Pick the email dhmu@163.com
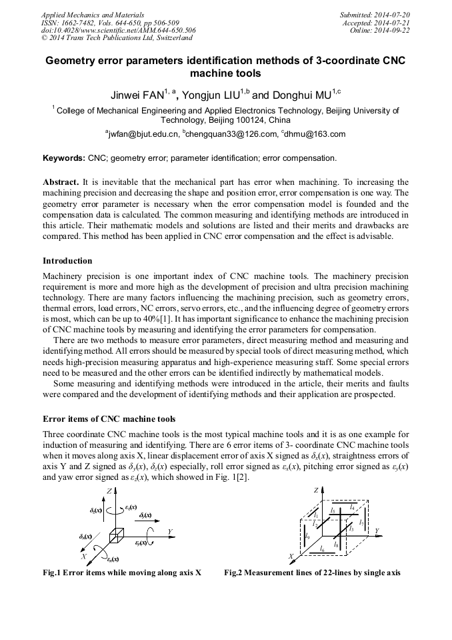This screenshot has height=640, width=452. tap(315, 135)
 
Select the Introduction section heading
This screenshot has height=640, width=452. tap(67, 261)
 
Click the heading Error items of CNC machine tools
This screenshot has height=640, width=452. tap(109, 419)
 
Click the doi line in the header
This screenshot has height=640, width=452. tap(118, 30)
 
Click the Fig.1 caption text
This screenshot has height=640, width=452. tap(122, 573)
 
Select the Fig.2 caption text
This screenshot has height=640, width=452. tap(312, 573)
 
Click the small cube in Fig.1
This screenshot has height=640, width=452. tap(117, 535)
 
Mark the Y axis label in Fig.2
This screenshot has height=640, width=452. tap(377, 531)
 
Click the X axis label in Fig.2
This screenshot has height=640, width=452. tap(291, 556)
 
